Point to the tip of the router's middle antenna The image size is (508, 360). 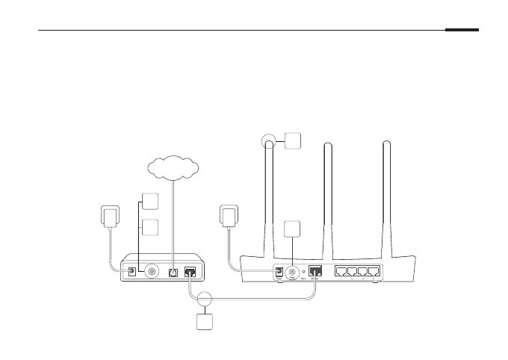(x=326, y=143)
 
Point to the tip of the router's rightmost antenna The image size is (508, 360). (x=387, y=143)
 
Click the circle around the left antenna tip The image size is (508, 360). (x=270, y=140)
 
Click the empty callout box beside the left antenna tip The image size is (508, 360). (x=293, y=140)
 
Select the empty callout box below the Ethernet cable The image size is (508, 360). (x=204, y=323)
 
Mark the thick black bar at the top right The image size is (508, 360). (x=462, y=31)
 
